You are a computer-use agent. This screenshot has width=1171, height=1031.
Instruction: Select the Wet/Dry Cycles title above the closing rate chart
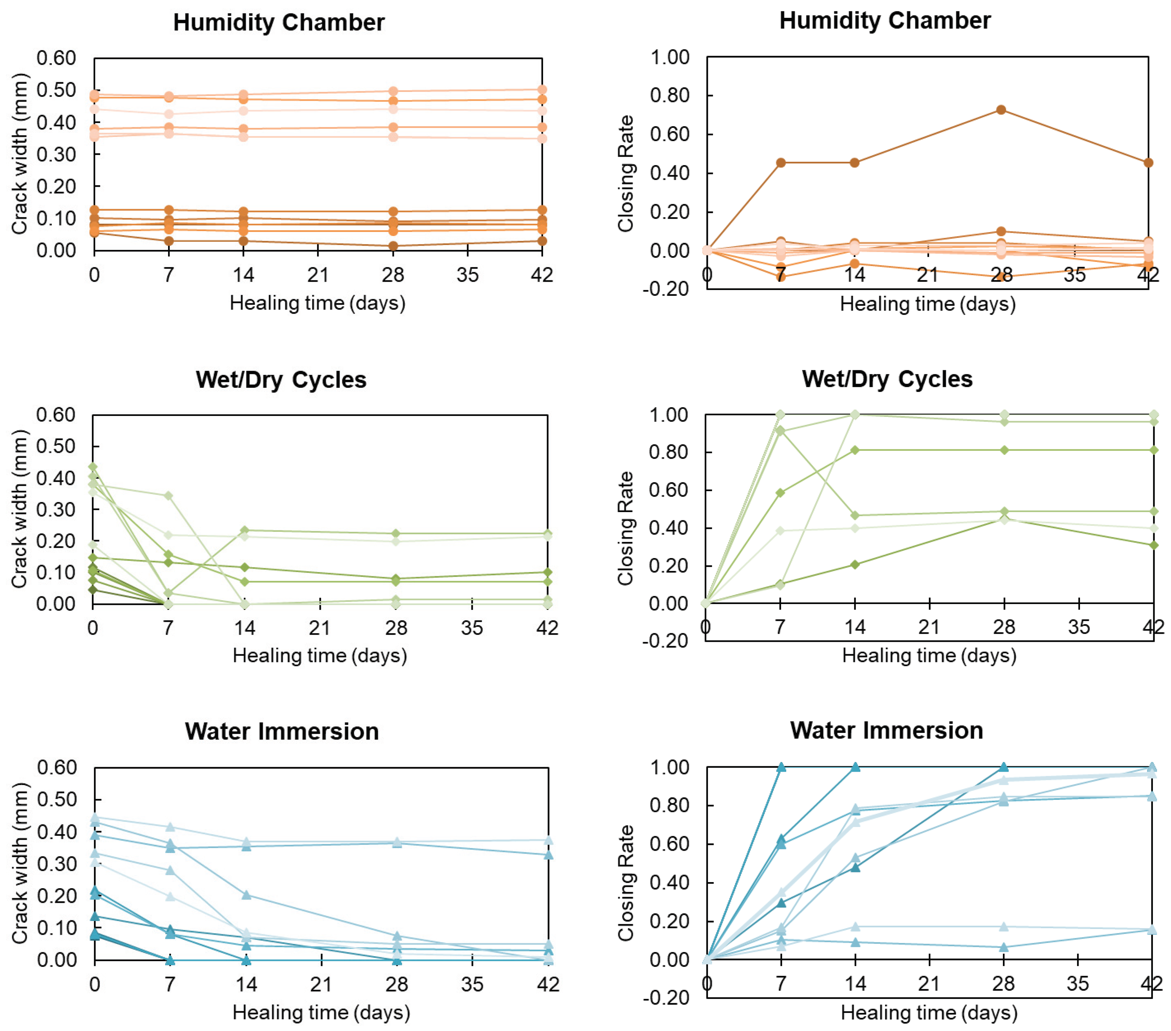(887, 379)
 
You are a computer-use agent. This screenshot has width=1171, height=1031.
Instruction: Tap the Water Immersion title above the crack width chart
(281, 732)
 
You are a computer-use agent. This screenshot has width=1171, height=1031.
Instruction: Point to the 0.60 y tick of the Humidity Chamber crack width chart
(56, 58)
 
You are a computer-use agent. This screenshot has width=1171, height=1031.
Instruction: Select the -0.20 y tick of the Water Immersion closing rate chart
(666, 997)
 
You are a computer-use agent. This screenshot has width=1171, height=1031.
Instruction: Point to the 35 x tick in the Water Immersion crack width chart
(472, 984)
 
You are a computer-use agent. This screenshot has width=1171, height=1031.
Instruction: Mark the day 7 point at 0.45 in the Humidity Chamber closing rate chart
(780, 163)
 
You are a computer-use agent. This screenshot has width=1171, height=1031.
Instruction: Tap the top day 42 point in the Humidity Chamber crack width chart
(542, 90)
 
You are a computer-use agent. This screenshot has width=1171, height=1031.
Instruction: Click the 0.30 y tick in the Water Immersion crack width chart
(56, 864)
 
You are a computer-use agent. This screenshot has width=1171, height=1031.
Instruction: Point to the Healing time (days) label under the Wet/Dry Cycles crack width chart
(320, 655)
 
